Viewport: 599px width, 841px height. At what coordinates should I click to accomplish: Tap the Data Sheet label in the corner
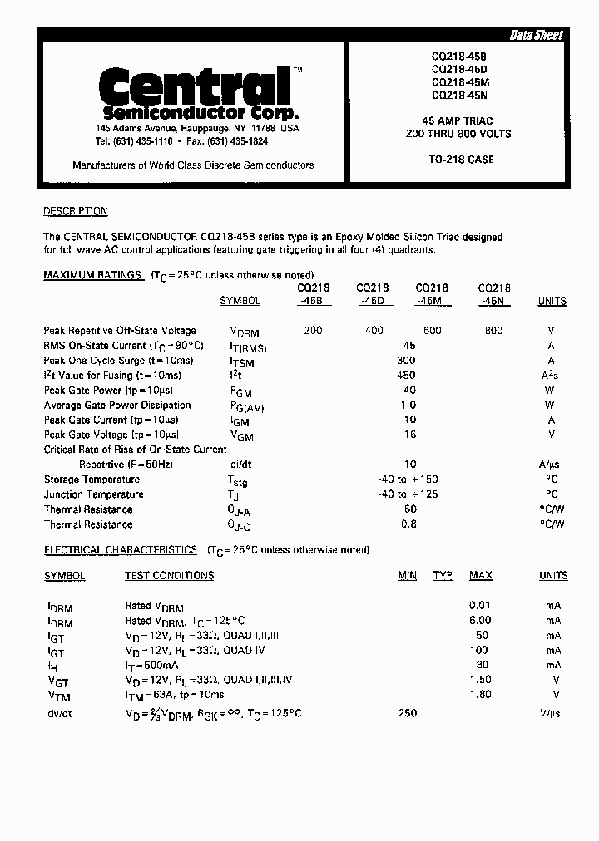[x=536, y=35]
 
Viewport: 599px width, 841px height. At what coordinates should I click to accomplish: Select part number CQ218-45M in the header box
[x=460, y=82]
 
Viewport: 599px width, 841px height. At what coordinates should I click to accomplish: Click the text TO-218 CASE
[x=461, y=160]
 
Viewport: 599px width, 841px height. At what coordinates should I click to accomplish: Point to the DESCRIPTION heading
[x=75, y=212]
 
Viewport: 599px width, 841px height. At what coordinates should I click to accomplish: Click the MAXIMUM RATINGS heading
[x=93, y=275]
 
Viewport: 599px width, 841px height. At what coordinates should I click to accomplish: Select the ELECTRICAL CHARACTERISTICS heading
[x=120, y=550]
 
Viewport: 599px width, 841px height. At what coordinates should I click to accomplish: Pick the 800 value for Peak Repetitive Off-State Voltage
[x=493, y=331]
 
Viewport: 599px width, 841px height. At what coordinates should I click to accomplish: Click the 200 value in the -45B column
[x=313, y=331]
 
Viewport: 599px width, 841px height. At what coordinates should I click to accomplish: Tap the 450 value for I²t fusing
[x=408, y=376]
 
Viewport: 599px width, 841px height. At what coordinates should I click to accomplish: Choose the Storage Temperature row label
[x=92, y=480]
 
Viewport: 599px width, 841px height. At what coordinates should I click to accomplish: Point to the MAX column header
[x=480, y=576]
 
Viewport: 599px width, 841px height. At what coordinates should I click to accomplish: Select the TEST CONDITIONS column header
[x=169, y=576]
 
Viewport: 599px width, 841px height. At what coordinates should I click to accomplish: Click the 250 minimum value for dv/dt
[x=408, y=714]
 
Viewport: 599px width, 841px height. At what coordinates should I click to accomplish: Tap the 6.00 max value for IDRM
[x=480, y=621]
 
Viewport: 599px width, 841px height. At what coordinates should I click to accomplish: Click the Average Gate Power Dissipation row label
[x=117, y=406]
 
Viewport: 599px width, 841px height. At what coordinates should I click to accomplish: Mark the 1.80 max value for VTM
[x=480, y=695]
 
